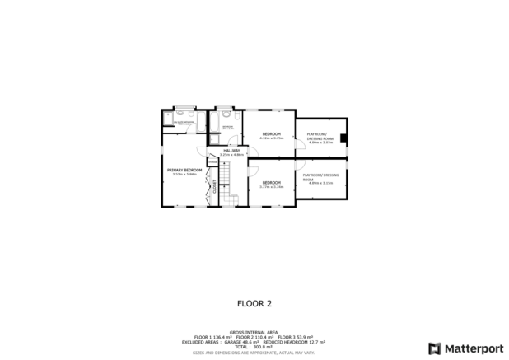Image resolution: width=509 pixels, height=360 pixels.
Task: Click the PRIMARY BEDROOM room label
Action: [184, 170]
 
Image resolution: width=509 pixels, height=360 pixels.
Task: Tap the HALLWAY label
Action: [232, 150]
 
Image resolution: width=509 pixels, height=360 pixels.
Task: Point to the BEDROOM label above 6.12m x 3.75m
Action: [272, 133]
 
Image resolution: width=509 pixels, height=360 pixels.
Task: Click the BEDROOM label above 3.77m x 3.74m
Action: [271, 182]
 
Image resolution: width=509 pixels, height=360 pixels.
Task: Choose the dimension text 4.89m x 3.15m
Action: [320, 183]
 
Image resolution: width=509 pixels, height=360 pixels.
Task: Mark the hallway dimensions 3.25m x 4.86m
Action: [232, 154]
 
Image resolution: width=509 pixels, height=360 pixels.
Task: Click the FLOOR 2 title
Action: [254, 302]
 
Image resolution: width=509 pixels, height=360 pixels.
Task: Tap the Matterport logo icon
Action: [434, 348]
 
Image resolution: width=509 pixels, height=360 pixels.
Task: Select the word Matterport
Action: [470, 348]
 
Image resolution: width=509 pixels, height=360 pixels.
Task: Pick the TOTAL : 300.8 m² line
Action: [254, 346]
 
